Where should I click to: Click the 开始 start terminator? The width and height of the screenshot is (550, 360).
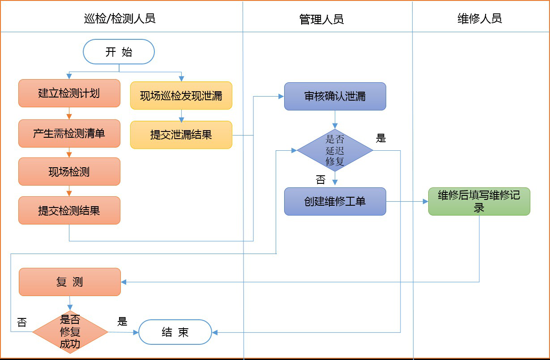(119, 52)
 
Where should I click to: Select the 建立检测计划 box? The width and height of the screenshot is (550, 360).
(69, 93)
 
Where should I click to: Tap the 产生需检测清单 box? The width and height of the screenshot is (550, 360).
(69, 133)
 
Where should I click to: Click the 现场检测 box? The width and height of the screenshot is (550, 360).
(69, 171)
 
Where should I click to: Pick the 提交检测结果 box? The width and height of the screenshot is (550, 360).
(69, 210)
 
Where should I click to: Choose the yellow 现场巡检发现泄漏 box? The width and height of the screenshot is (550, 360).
(181, 96)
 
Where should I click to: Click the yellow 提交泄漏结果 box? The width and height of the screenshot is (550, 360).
(181, 135)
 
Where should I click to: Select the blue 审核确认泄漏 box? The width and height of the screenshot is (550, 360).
(335, 96)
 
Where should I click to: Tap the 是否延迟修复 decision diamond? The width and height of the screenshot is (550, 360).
(335, 150)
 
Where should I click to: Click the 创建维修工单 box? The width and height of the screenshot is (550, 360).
(335, 201)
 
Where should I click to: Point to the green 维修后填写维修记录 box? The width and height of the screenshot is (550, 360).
(479, 201)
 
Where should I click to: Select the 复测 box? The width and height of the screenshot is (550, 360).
(70, 282)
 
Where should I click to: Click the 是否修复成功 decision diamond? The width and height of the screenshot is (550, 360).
(70, 332)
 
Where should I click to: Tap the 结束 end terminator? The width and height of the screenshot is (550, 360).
(175, 332)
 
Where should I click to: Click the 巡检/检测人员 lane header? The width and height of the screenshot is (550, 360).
(120, 18)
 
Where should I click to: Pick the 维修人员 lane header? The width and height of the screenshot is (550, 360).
(480, 18)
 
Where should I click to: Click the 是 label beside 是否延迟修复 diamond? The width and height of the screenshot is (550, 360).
(381, 139)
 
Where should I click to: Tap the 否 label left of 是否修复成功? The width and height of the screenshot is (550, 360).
(21, 322)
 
